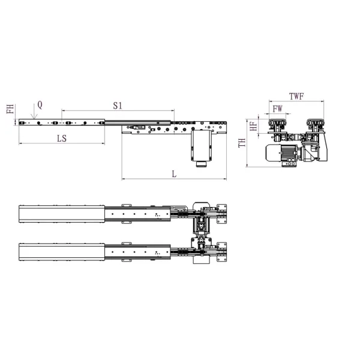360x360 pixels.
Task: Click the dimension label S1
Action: click(118, 105)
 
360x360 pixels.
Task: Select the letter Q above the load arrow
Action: click(40, 104)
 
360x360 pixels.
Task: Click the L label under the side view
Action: click(174, 174)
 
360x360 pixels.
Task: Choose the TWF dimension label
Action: click(296, 96)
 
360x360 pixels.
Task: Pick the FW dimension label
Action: click(277, 109)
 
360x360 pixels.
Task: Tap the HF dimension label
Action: click(254, 125)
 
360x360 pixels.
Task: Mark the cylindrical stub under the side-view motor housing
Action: click(201, 163)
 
